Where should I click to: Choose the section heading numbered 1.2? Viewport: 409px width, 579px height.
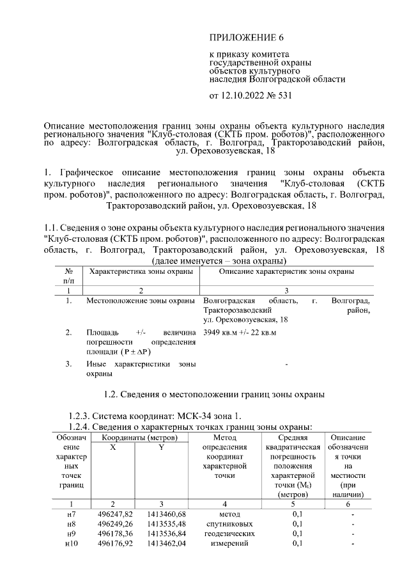click(214, 393)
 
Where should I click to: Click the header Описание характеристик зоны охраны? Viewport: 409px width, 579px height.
click(286, 272)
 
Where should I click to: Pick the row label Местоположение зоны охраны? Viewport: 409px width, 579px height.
click(141, 300)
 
